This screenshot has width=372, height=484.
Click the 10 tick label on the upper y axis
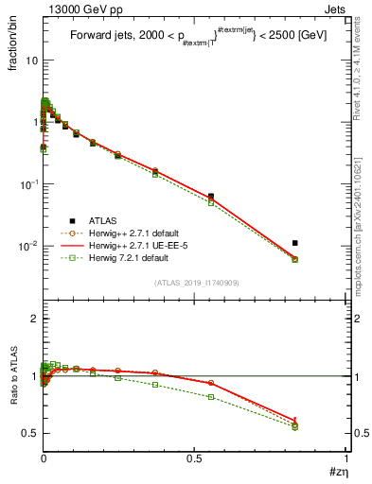(x=29, y=60)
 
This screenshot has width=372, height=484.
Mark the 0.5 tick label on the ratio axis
(x=30, y=433)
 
